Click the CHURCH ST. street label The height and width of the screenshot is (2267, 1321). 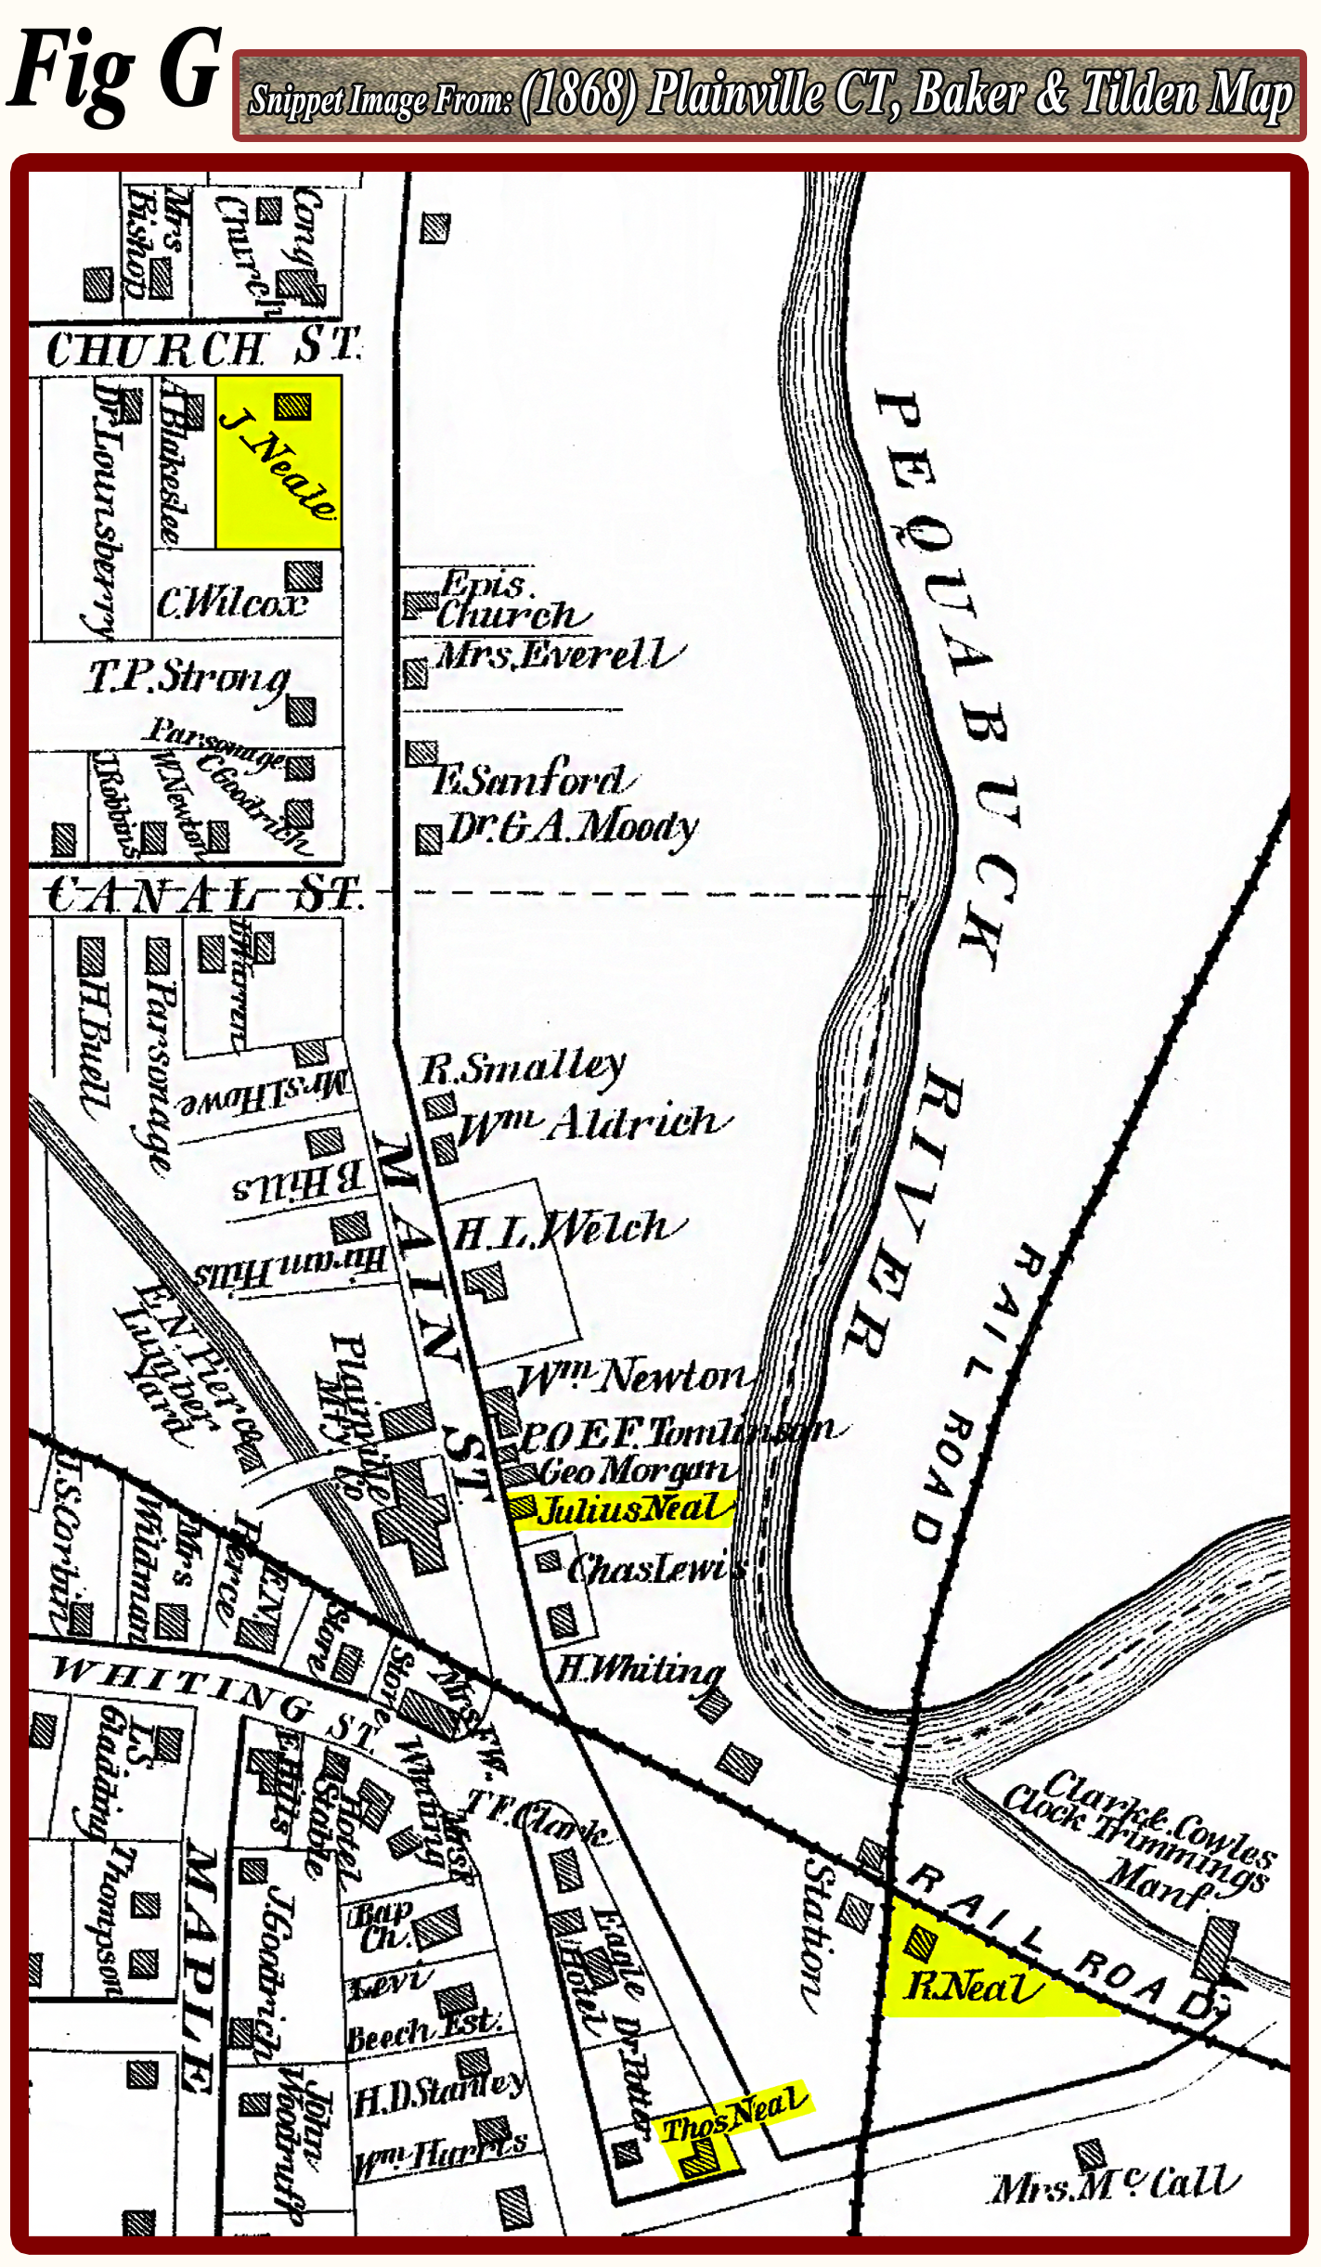tap(200, 349)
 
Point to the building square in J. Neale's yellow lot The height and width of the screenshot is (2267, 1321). tap(293, 406)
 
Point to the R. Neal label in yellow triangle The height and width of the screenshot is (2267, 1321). tap(971, 1988)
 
